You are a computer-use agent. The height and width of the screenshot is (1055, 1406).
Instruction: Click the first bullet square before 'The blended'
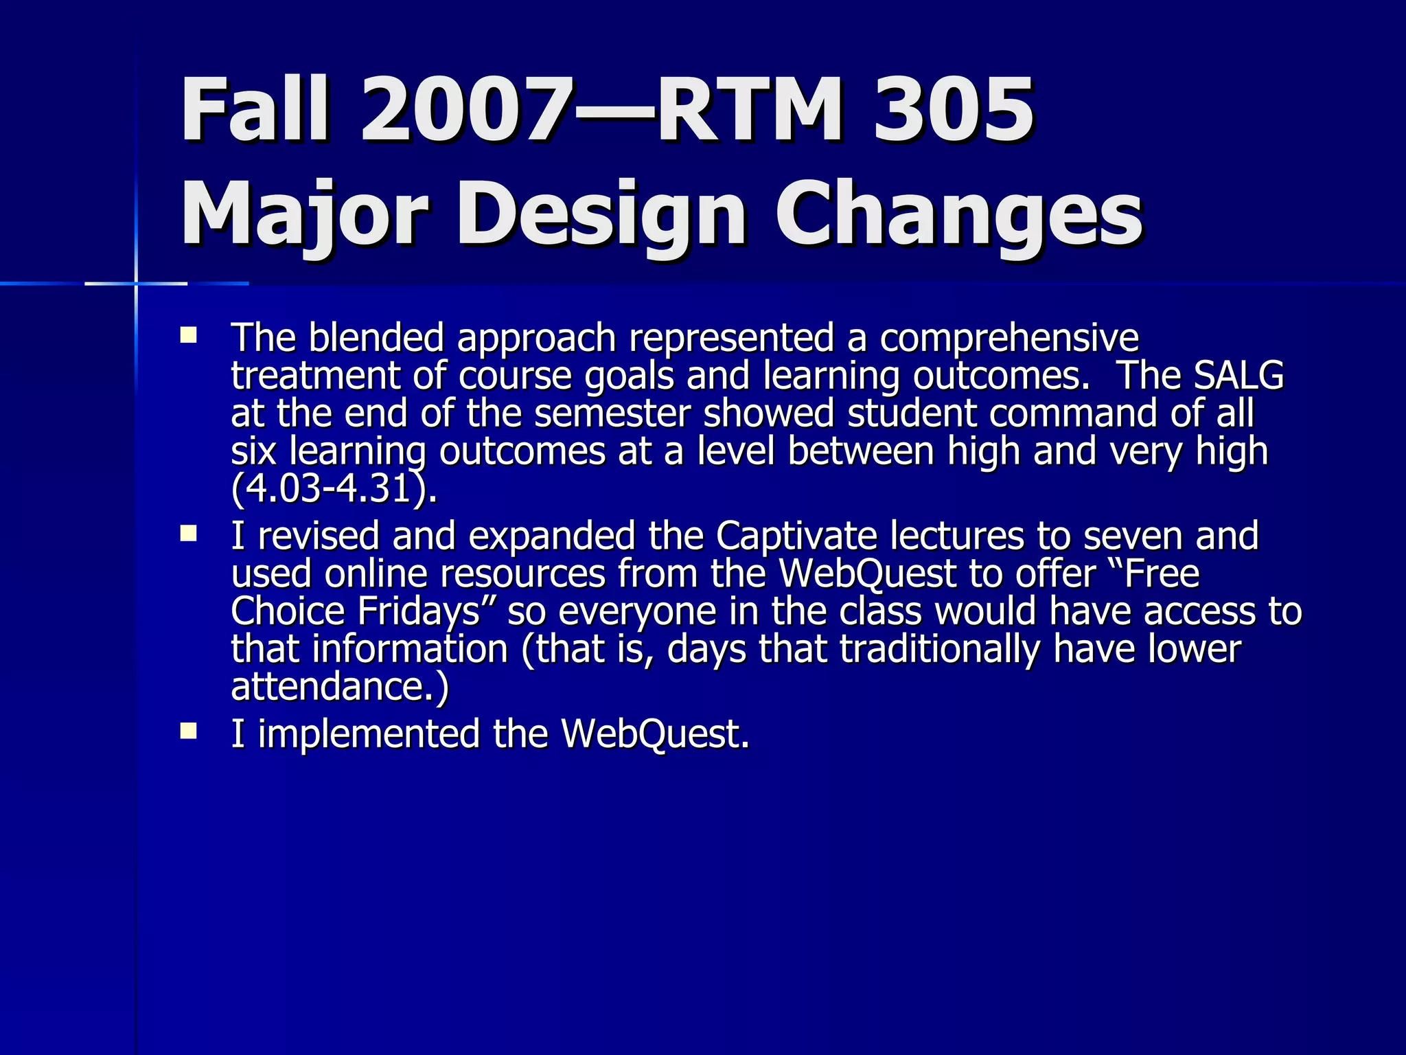tap(188, 336)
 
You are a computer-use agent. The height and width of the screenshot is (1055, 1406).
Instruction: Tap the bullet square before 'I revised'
tap(188, 534)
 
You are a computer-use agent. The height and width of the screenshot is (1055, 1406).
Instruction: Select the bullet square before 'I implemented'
tap(188, 731)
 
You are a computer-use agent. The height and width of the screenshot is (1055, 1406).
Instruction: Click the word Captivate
tap(796, 536)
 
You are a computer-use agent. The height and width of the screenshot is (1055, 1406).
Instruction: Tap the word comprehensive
tap(1009, 338)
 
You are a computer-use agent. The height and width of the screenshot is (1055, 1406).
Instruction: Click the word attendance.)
tap(340, 686)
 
